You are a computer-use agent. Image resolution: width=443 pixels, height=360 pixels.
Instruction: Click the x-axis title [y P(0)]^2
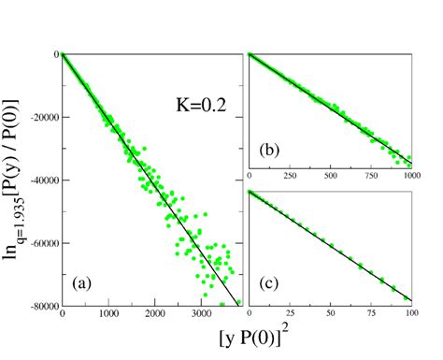coord(239,338)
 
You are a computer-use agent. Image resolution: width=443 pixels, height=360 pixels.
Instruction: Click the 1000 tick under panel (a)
coord(108,314)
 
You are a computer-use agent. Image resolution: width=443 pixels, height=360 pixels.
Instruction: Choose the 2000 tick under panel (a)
coord(155,314)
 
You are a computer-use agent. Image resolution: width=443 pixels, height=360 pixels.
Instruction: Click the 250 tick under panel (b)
coord(289,175)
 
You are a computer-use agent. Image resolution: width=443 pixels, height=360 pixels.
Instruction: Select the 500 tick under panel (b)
coord(330,175)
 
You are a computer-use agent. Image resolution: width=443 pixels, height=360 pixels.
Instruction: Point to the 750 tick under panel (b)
coord(370,175)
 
